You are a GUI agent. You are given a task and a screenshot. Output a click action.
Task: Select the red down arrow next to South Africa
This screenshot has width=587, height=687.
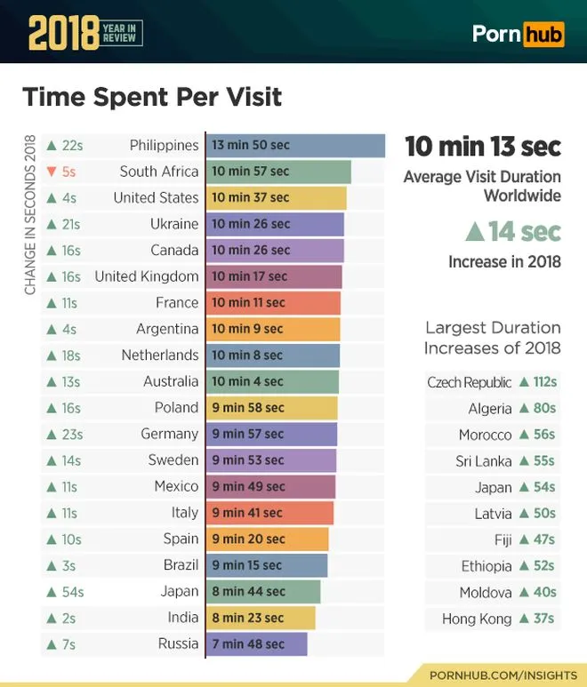pyautogui.click(x=52, y=172)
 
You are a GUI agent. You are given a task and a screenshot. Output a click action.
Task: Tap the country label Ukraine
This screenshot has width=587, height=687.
pyautogui.click(x=173, y=224)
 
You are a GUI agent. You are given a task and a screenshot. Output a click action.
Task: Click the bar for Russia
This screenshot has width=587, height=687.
pyautogui.click(x=256, y=644)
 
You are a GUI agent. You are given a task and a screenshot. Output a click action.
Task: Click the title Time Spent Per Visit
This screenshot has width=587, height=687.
pyautogui.click(x=151, y=96)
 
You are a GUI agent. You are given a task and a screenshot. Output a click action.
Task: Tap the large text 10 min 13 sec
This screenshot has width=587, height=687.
pyautogui.click(x=483, y=145)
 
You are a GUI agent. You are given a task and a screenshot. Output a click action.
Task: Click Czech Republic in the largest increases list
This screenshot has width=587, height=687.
pyautogui.click(x=469, y=382)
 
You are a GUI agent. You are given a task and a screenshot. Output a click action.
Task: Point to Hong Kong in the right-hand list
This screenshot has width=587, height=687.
pyautogui.click(x=477, y=619)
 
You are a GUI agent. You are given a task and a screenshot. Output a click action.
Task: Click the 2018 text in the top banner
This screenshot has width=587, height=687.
pyautogui.click(x=62, y=34)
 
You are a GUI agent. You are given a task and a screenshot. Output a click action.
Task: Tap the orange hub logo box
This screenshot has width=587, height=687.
pyautogui.click(x=543, y=34)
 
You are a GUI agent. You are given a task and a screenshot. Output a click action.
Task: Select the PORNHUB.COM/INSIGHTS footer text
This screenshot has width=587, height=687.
pyautogui.click(x=503, y=675)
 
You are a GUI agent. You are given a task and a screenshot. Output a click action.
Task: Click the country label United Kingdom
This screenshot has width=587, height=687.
pyautogui.click(x=146, y=276)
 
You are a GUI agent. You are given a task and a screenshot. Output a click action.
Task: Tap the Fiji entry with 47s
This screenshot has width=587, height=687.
pyautogui.click(x=525, y=539)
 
